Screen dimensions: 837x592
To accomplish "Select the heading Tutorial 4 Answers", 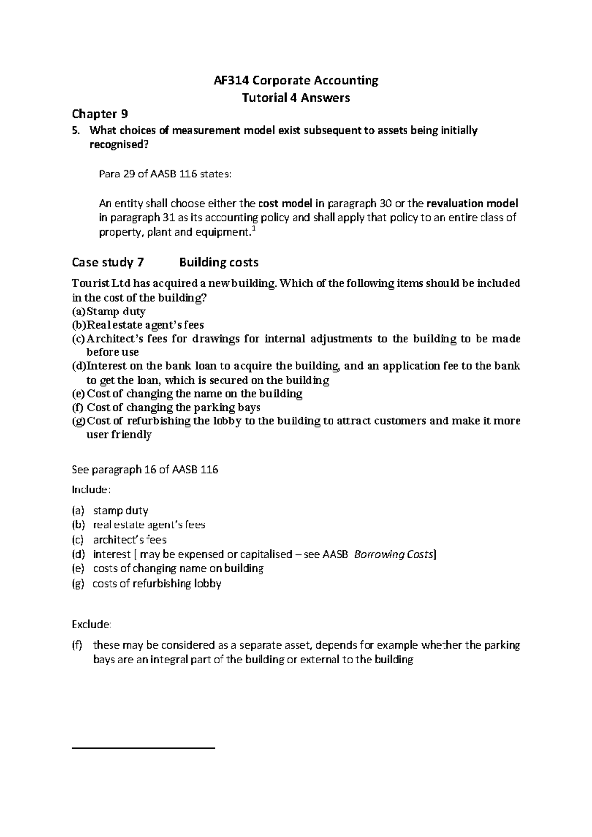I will click(x=296, y=98).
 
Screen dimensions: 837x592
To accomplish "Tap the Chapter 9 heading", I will click(x=100, y=114).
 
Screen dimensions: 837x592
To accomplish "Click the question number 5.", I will click(x=75, y=131).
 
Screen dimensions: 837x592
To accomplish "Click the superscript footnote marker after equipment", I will click(x=254, y=229).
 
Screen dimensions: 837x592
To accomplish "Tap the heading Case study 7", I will click(x=108, y=262).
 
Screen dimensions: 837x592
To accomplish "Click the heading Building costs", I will click(x=219, y=262).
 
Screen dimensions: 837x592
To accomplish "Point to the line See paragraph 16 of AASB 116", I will click(x=145, y=470).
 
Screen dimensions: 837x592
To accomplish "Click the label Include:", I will click(x=91, y=490).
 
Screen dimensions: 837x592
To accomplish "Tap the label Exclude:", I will click(x=92, y=625).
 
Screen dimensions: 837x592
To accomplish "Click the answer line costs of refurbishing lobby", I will click(x=156, y=584).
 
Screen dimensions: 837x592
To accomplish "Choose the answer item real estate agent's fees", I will click(x=149, y=525).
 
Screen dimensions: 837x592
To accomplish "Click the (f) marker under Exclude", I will click(x=77, y=645).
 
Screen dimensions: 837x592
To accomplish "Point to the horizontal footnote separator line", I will click(x=144, y=748).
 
